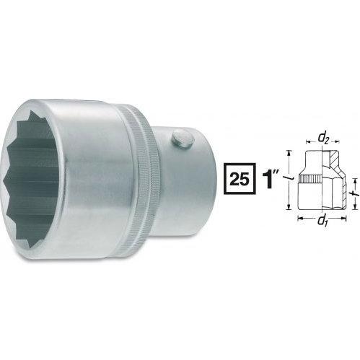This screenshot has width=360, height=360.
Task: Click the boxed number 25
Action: (240, 179)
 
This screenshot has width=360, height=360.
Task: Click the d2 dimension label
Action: (323, 138)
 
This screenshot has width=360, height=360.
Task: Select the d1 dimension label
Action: (322, 221)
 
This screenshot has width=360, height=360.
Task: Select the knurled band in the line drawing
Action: (310, 179)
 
